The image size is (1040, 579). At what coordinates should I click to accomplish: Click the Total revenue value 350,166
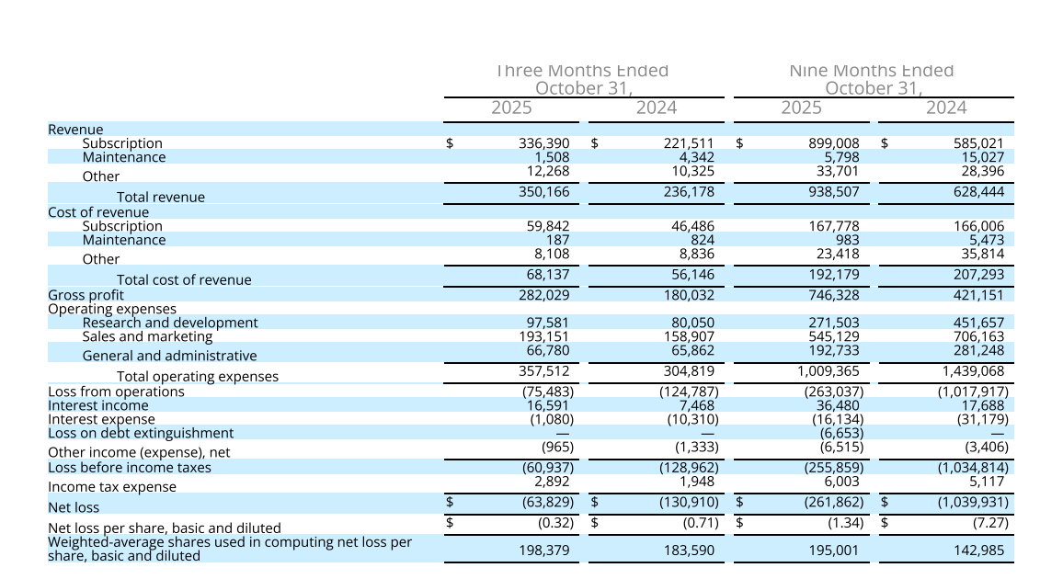click(x=545, y=192)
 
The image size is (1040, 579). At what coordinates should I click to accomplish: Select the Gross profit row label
click(x=86, y=295)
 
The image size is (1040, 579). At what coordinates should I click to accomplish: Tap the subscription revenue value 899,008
click(x=834, y=143)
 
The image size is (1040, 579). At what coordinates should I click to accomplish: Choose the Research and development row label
click(x=170, y=323)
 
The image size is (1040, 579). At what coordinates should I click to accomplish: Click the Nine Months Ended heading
click(x=872, y=71)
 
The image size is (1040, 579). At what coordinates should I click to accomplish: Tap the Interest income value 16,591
click(x=547, y=405)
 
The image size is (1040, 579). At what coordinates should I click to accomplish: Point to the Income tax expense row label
click(x=111, y=487)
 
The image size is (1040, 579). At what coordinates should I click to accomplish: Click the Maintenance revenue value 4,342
click(x=692, y=157)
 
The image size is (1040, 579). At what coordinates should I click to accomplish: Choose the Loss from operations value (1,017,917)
click(x=971, y=392)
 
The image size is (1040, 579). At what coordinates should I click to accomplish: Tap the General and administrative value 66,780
click(x=547, y=350)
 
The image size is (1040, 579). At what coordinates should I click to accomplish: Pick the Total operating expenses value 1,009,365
click(x=829, y=371)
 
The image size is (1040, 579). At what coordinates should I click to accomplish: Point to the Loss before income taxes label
click(x=130, y=468)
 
